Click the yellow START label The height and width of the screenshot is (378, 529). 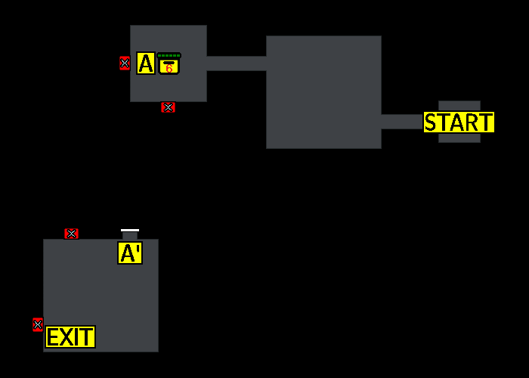coord(459,122)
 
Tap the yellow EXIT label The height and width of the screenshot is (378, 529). coord(70,337)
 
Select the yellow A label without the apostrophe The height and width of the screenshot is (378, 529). coord(146,64)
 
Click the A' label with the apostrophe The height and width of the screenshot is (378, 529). coord(130,253)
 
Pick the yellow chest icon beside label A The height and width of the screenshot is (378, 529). coord(169,66)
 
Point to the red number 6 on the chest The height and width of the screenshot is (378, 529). coord(169,69)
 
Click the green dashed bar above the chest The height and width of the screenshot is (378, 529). coord(169,55)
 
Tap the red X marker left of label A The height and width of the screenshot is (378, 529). coord(125,64)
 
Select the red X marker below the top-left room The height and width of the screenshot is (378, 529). coord(168,107)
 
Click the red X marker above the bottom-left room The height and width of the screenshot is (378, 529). coord(72,234)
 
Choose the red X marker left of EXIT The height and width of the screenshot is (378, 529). coord(38,325)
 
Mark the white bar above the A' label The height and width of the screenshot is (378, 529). coord(130,230)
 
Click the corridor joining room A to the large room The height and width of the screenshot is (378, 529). coord(236,64)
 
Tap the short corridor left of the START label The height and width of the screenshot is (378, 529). coord(401,122)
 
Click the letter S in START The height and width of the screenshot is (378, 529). coord(431,122)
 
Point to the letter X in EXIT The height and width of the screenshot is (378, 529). coord(64,337)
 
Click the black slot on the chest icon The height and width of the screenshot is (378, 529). coord(169,62)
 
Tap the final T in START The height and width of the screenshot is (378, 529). coord(486,122)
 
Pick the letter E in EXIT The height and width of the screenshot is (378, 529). coord(53,337)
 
